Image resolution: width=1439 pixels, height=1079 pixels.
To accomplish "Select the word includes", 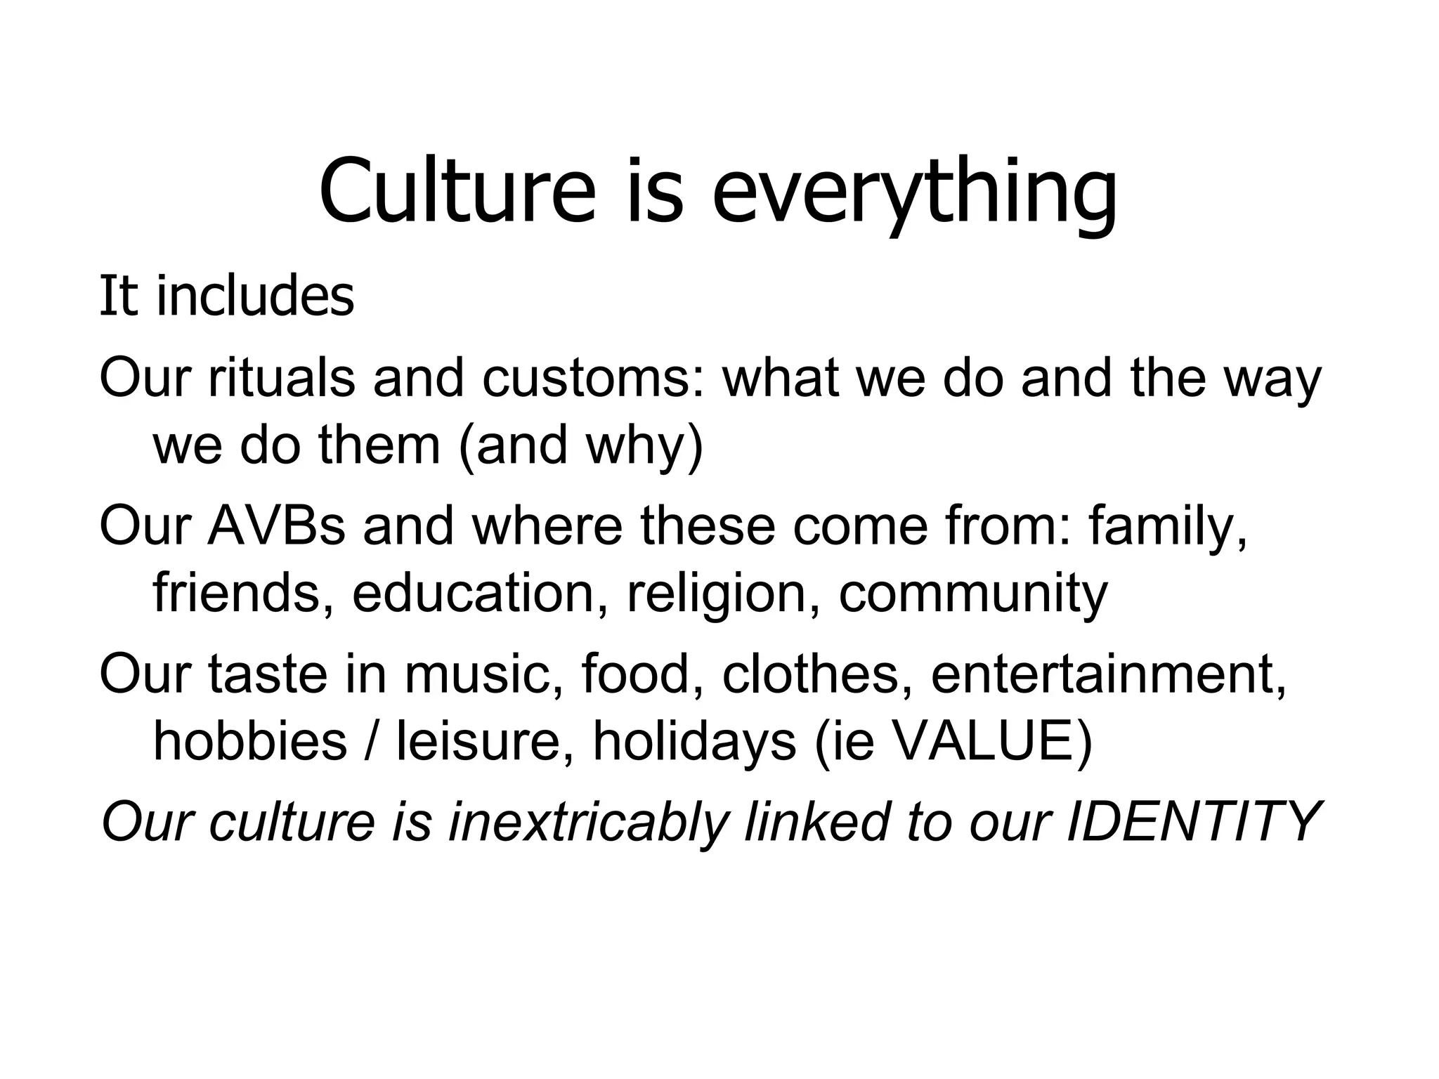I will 254,296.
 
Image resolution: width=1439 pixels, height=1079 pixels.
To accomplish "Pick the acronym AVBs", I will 275,526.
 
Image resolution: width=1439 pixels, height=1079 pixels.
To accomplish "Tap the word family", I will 1168,526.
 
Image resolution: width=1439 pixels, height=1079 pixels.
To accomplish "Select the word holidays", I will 694,740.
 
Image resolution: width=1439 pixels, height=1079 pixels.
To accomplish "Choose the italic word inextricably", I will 587,822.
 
